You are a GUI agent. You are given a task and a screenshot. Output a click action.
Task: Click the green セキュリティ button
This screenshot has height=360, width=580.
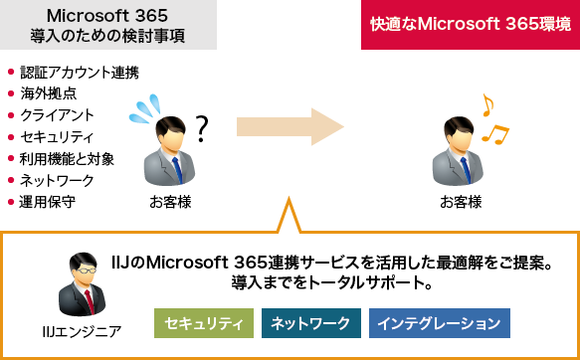204,323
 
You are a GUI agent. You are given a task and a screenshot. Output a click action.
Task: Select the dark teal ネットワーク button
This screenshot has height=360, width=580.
310,323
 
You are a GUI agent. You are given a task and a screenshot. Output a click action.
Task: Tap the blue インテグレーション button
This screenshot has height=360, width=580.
439,323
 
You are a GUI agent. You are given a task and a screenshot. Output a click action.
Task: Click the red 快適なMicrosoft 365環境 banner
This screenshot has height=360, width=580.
470,25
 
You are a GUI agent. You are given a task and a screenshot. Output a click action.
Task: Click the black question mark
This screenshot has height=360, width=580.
203,127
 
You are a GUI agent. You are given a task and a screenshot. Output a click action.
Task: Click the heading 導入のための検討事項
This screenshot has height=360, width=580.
108,38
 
